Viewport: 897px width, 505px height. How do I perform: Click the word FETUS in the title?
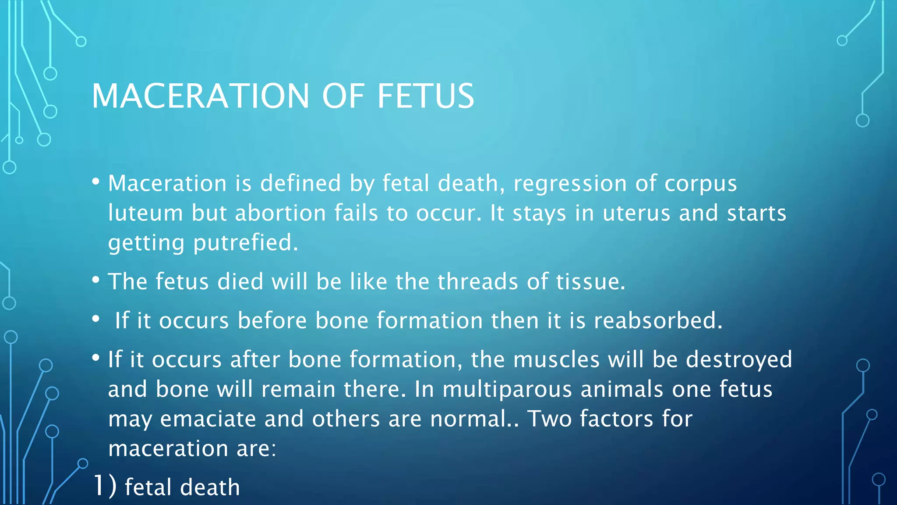425,96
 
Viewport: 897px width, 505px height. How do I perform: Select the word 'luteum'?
145,213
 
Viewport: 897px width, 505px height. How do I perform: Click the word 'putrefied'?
246,242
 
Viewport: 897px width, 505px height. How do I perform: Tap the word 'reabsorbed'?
657,320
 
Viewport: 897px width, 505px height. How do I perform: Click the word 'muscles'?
556,359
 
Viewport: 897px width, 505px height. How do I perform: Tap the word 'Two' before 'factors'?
549,419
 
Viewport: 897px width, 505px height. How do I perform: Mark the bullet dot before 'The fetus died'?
96,280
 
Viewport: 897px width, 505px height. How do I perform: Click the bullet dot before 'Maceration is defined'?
96,181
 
